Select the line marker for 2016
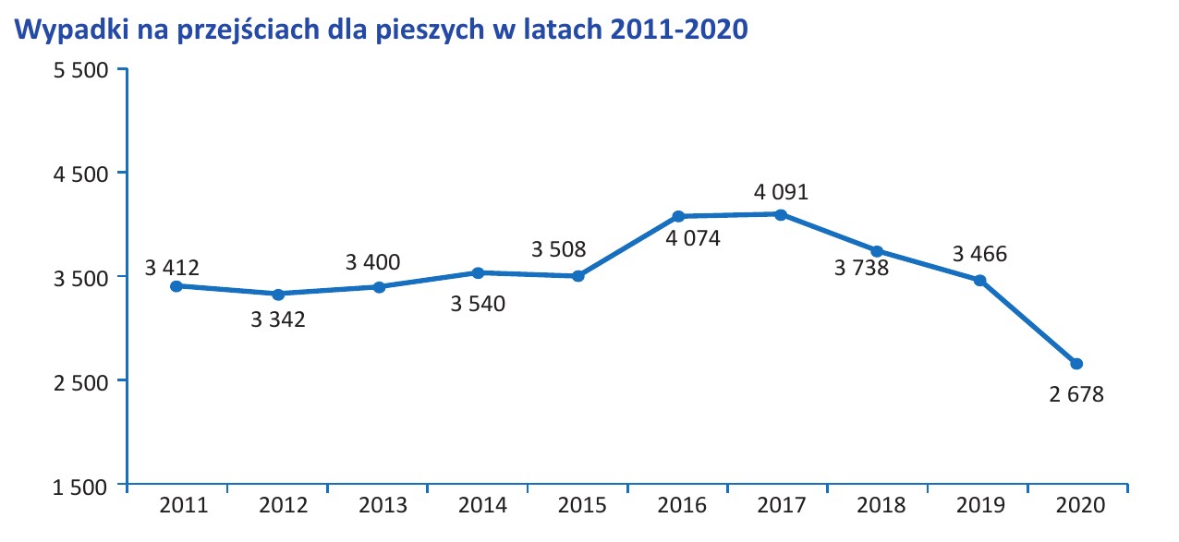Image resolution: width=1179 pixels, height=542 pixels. click(678, 216)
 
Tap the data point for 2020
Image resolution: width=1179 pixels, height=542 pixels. click(1076, 364)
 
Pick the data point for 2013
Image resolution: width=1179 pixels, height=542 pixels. click(379, 287)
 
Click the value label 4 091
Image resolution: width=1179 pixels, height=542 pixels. click(781, 193)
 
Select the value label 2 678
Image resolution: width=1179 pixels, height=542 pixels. click(1076, 394)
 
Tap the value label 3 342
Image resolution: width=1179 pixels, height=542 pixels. click(278, 319)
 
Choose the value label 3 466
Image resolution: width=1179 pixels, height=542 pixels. click(979, 253)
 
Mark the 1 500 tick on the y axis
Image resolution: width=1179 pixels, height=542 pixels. click(82, 486)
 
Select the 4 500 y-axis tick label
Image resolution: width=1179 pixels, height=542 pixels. click(82, 174)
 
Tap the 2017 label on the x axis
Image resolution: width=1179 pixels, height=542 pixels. click(782, 506)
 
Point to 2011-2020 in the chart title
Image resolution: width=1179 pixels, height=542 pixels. click(678, 30)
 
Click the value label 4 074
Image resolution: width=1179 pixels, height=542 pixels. click(692, 237)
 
